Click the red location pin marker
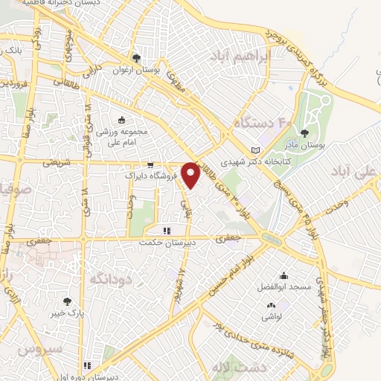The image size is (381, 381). click(x=191, y=174)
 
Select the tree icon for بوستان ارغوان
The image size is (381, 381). click(x=135, y=57)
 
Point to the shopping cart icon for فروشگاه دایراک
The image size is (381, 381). click(x=150, y=166)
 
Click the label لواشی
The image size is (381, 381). click(x=269, y=316)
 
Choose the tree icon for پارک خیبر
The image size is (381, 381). click(x=68, y=301)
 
